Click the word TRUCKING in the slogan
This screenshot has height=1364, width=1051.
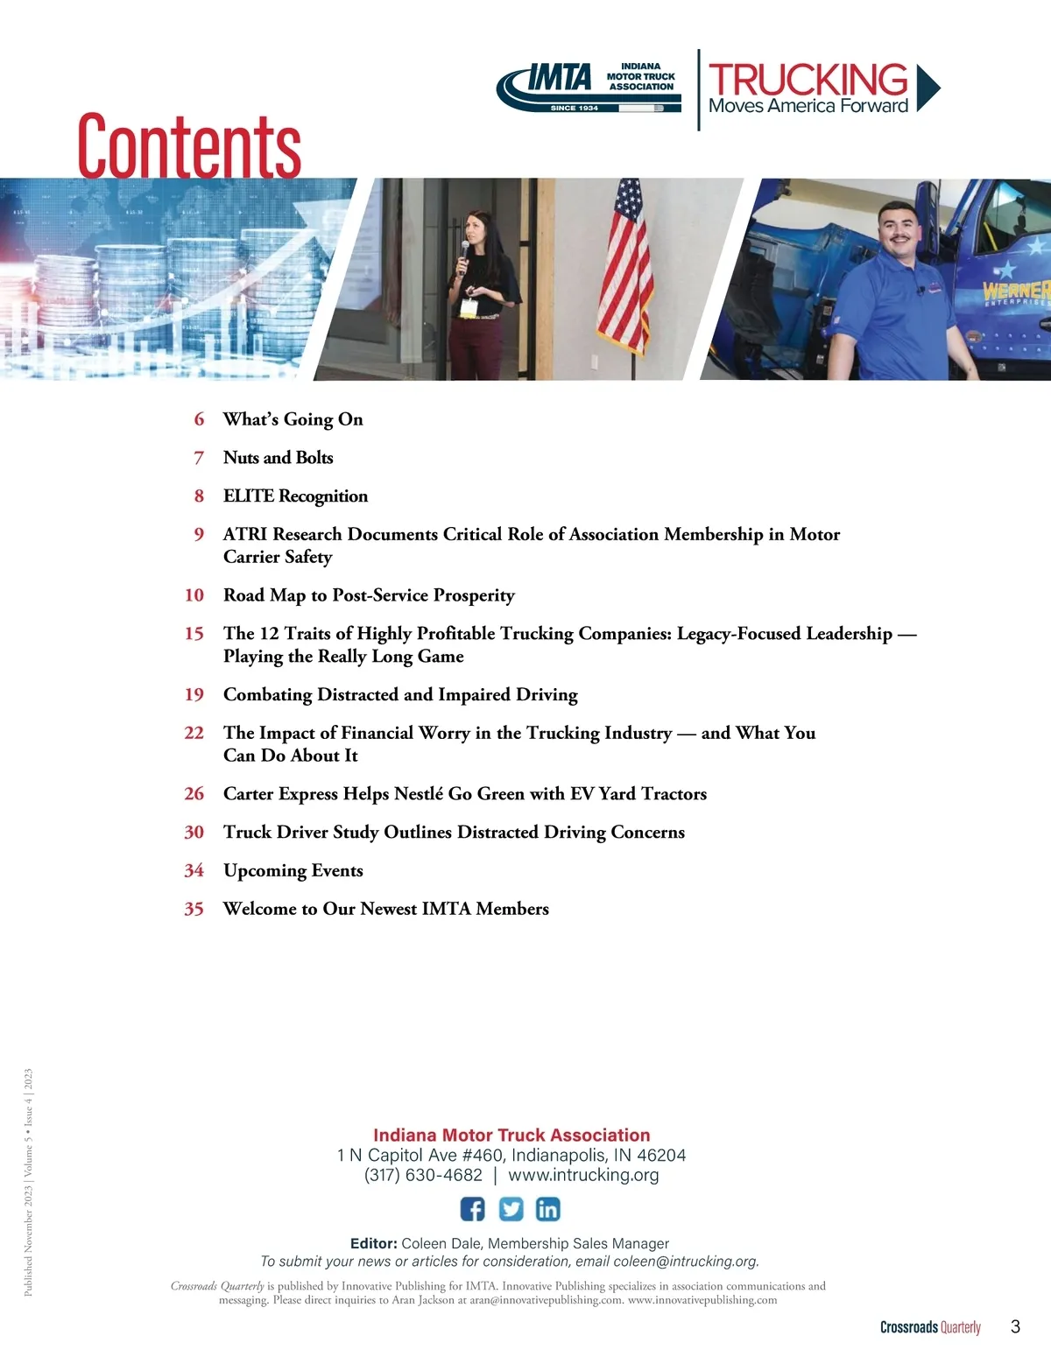[x=808, y=79]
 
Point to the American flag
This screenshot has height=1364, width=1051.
[x=625, y=263]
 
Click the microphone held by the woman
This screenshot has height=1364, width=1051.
[x=464, y=253]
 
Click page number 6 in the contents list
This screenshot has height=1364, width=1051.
[x=199, y=419]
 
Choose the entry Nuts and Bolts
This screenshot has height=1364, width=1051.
[x=278, y=458]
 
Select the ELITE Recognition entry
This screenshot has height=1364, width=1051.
[x=295, y=496]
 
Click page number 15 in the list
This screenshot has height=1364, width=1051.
[x=194, y=634]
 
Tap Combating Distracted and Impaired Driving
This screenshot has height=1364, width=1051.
[x=400, y=695]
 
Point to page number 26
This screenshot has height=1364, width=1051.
[x=194, y=794]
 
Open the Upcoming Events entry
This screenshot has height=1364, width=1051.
[x=293, y=871]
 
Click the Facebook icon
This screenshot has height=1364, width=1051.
[x=472, y=1209]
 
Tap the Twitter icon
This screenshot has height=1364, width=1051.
[x=511, y=1209]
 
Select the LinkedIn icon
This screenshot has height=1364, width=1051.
[x=547, y=1209]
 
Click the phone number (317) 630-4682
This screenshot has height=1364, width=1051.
[x=423, y=1175]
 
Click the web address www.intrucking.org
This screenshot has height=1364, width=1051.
[x=583, y=1175]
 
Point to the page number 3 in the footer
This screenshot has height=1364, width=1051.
[x=1015, y=1326]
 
